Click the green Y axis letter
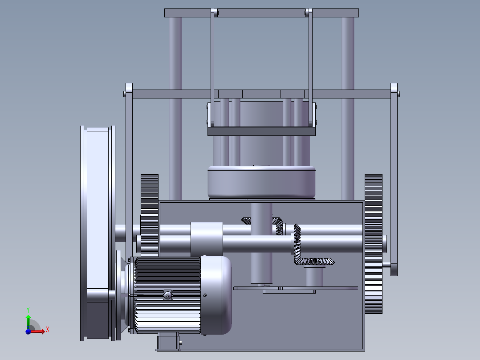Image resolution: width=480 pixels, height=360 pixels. [x=28, y=310]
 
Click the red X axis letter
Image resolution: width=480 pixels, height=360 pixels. [x=48, y=330]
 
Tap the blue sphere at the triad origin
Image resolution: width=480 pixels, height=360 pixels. [x=28, y=331]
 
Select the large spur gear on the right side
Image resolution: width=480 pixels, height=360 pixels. [x=374, y=244]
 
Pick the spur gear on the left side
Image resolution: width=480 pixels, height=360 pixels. [x=150, y=214]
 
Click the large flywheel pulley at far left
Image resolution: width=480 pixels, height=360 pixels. [x=98, y=233]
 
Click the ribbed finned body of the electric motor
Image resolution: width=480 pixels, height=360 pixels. [x=167, y=295]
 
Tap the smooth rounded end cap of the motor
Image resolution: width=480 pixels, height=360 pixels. [x=216, y=295]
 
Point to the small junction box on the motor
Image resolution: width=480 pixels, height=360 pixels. [x=168, y=295]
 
